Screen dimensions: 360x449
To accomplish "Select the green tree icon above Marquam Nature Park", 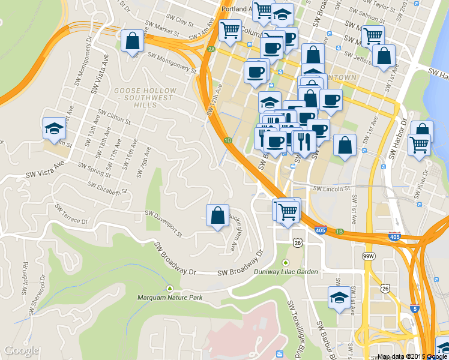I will pos(169,288).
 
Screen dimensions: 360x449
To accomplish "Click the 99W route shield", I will pos(369,256).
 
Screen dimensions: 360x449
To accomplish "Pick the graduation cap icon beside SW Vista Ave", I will pos(54,128).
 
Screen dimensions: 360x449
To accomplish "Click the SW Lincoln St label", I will pos(331,188).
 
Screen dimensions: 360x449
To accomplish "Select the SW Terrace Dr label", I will pos(71,214).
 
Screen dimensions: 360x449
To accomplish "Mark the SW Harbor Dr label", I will pos(397,139).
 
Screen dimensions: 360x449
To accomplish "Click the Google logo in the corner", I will pos(22,350).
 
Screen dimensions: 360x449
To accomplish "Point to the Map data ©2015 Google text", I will pos(412,356).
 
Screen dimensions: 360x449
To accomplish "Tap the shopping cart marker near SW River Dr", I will pos(419,144).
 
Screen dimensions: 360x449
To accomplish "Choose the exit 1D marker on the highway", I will pos(228,140).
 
